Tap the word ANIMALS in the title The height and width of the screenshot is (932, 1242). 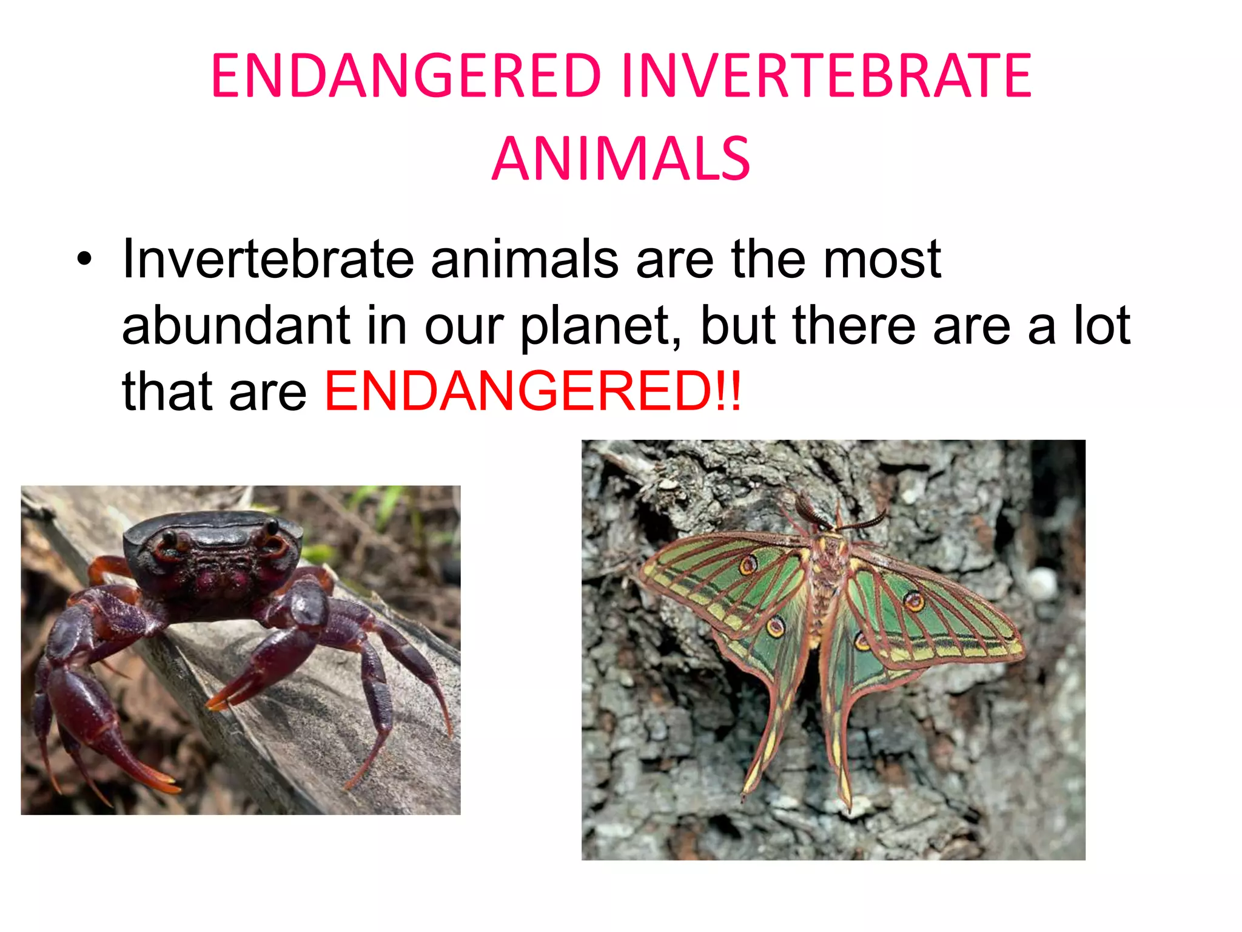(621, 159)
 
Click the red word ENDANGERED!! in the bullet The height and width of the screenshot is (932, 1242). (532, 391)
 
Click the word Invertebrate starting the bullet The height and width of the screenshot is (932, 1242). (267, 260)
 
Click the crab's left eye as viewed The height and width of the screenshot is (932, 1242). (169, 537)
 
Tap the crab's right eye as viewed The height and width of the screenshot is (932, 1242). (271, 526)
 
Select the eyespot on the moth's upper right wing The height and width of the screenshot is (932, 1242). (913, 601)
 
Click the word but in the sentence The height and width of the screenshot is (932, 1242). (737, 325)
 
